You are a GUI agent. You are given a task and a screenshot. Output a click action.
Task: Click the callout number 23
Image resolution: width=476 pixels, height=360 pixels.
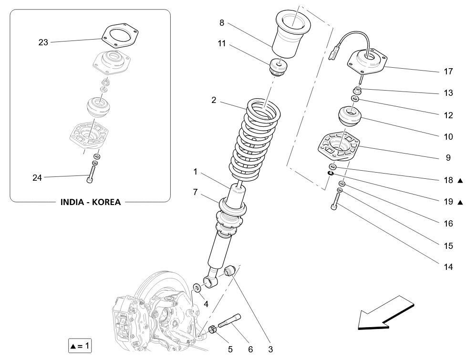coord(43,42)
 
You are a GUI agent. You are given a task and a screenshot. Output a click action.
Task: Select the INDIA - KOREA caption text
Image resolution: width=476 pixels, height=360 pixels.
coord(91,202)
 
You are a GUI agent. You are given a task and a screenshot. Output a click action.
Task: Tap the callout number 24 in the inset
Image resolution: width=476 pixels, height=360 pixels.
coord(37,178)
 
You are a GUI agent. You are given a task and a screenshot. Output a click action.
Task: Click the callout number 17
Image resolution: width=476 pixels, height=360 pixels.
coord(448,72)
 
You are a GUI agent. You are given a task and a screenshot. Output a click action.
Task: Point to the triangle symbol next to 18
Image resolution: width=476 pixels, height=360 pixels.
coord(460,181)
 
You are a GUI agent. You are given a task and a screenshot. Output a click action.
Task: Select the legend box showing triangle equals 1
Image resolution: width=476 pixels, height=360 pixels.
coord(80,344)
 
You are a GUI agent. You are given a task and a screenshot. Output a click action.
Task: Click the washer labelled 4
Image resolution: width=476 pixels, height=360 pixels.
coord(196,288)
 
